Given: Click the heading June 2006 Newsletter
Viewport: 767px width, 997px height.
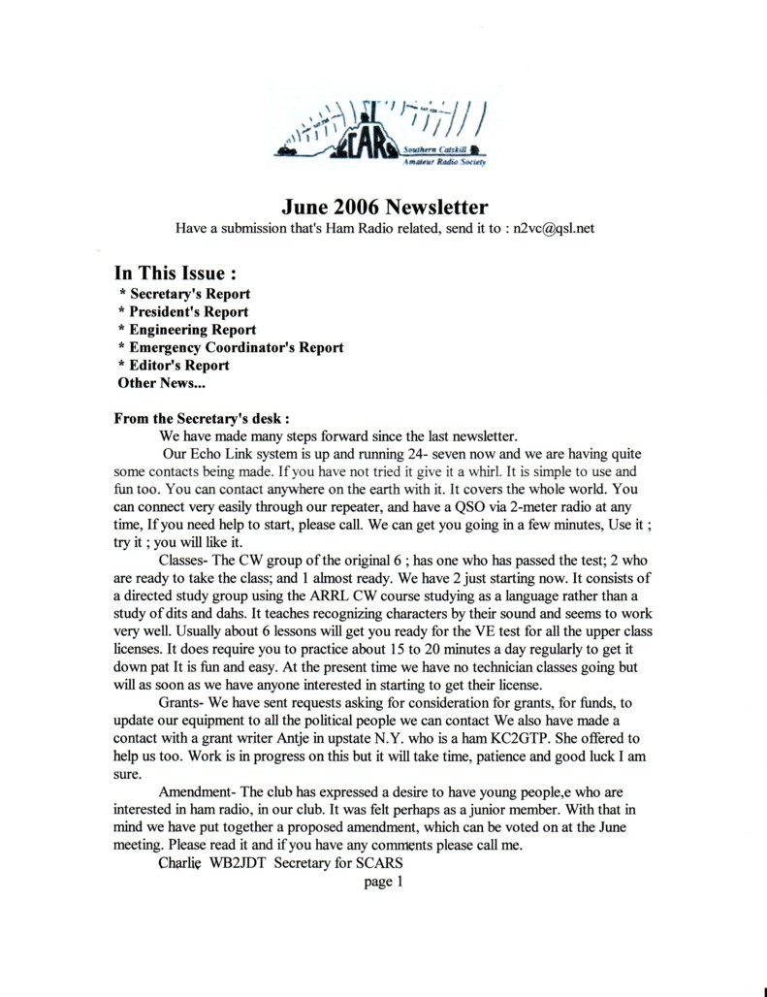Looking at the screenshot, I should tap(385, 207).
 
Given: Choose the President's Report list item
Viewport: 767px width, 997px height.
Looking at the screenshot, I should tap(183, 312).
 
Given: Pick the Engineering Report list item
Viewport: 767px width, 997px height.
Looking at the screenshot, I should tap(186, 330).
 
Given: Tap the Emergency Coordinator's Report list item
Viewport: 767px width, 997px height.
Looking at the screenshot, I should tap(231, 347).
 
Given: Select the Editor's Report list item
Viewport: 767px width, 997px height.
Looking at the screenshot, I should tap(174, 366).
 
